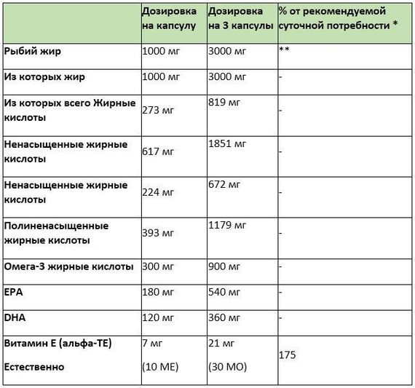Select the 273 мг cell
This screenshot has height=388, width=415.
[x=158, y=111]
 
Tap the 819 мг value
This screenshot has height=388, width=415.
[x=224, y=104]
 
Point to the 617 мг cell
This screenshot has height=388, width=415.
[x=158, y=151]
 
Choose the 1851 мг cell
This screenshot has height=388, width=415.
[x=227, y=145]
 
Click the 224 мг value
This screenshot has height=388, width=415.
[x=158, y=192]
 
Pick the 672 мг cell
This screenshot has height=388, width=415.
[x=224, y=186]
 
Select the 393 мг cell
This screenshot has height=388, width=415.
[x=158, y=233]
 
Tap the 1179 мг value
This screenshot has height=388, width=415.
[x=227, y=226]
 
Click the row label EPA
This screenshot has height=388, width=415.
[x=13, y=293]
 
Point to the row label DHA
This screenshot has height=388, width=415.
[x=14, y=318]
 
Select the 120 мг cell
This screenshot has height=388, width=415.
[x=158, y=318]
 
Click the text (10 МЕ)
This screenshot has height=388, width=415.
[x=161, y=367]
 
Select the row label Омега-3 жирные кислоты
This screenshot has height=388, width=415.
[x=68, y=266]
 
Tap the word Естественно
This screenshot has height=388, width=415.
[x=33, y=367]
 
